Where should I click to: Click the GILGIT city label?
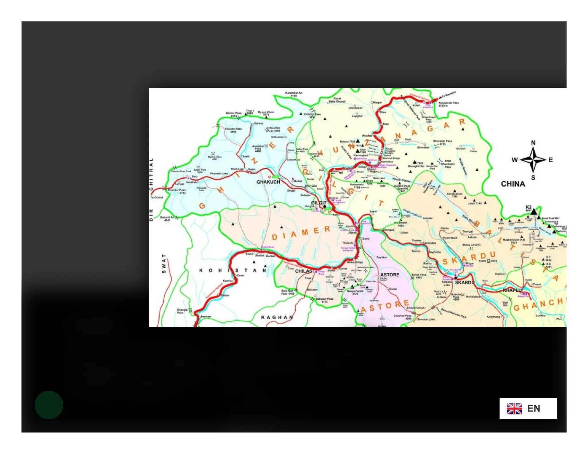[x=318, y=202]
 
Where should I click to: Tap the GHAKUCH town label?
[x=268, y=182]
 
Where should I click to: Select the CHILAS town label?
[x=303, y=271]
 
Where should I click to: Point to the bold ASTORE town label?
[x=390, y=274]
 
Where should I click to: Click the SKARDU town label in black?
[x=464, y=282]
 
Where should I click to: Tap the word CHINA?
[x=513, y=184]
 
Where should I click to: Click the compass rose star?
[x=533, y=160]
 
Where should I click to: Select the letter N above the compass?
[x=533, y=143]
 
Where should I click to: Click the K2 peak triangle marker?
[x=533, y=212]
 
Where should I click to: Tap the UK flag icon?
[x=514, y=408]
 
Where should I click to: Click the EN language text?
[x=533, y=408]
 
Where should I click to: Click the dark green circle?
[x=49, y=405]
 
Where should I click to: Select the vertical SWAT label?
[x=164, y=263]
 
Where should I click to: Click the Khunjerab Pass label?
[x=448, y=104]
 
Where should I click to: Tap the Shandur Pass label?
[x=177, y=191]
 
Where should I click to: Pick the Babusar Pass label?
[x=324, y=300]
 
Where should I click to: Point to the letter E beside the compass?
[x=550, y=160]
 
